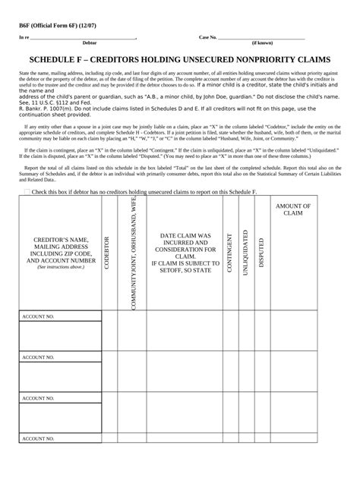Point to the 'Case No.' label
pyautogui.click(x=208, y=37)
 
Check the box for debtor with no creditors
pyautogui.click(x=27, y=193)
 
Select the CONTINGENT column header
pyautogui.click(x=229, y=253)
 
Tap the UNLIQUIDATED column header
pyautogui.click(x=245, y=253)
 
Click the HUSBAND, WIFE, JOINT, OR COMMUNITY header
pyautogui.click(x=134, y=253)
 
